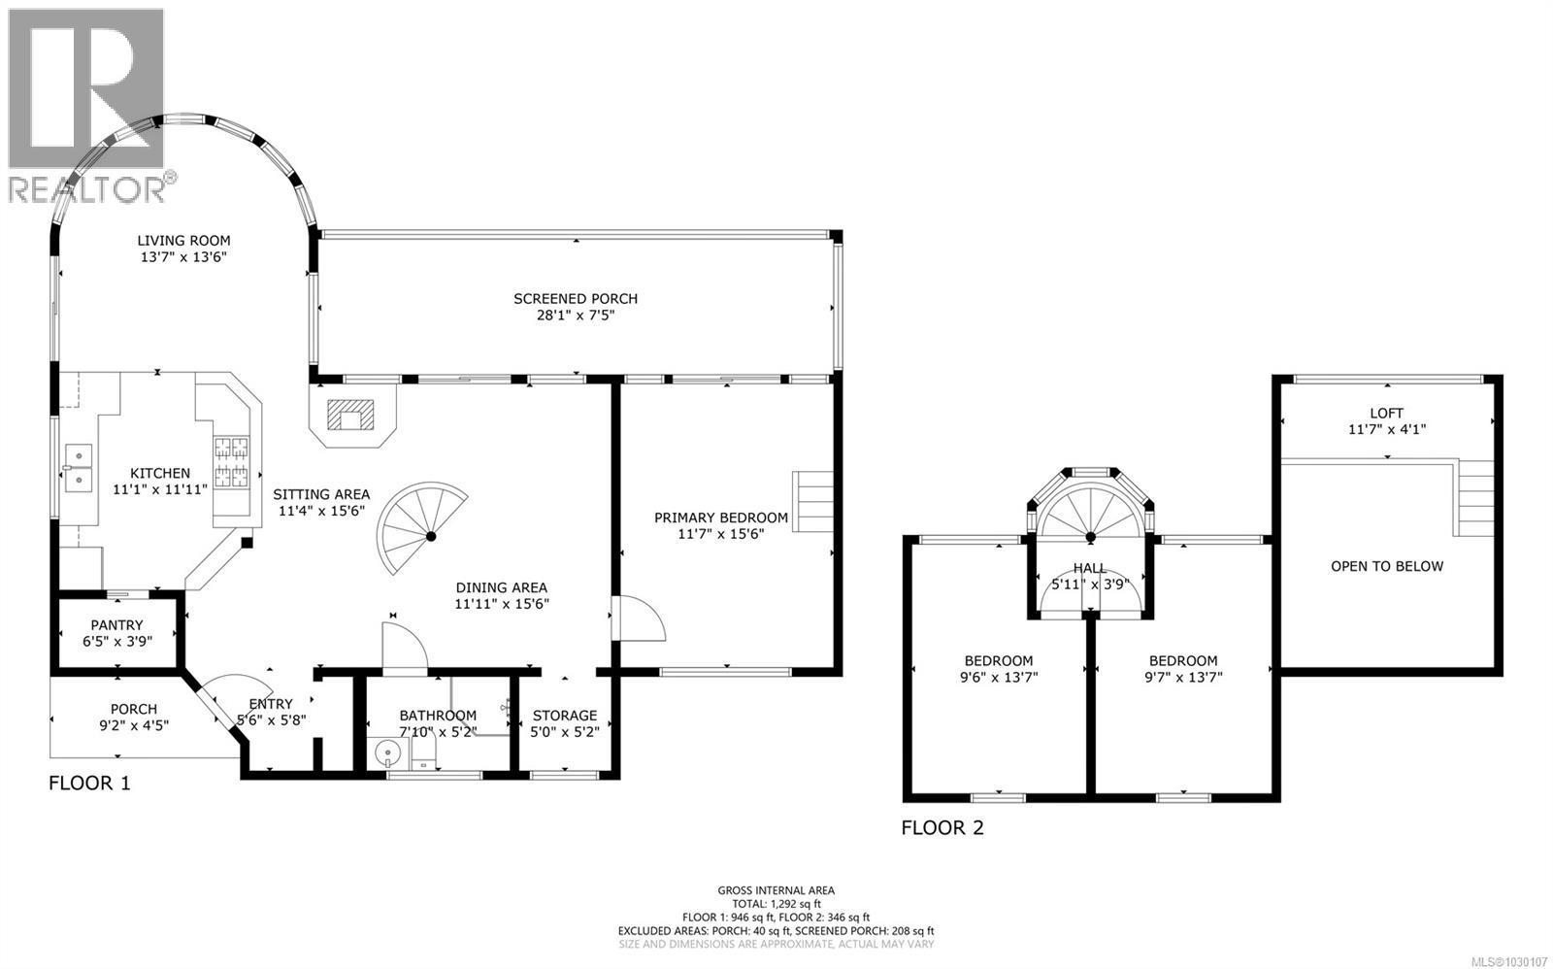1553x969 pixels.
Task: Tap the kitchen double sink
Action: (x=78, y=468)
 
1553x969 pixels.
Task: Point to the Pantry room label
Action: (x=117, y=625)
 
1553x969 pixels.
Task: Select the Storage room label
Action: (x=565, y=716)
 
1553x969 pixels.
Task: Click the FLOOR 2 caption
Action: (x=942, y=828)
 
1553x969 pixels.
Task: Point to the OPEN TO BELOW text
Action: (x=1386, y=566)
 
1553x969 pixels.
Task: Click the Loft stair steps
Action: (x=1472, y=499)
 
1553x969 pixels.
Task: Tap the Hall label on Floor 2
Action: (x=1089, y=568)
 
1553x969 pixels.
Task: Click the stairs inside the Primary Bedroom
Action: (x=814, y=501)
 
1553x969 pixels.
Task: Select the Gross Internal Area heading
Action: (x=776, y=890)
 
